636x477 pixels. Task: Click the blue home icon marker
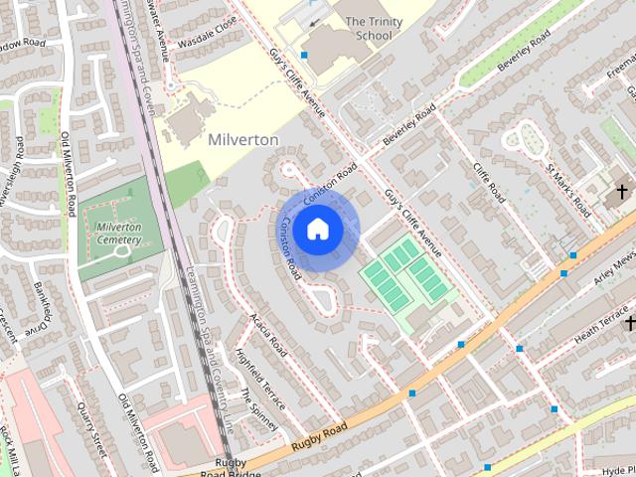[317, 230]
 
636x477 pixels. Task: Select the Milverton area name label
[243, 140]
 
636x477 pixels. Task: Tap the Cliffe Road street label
[490, 183]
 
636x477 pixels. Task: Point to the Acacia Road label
[268, 337]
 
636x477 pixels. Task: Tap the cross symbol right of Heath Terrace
[630, 323]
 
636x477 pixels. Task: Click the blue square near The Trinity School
[305, 55]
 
